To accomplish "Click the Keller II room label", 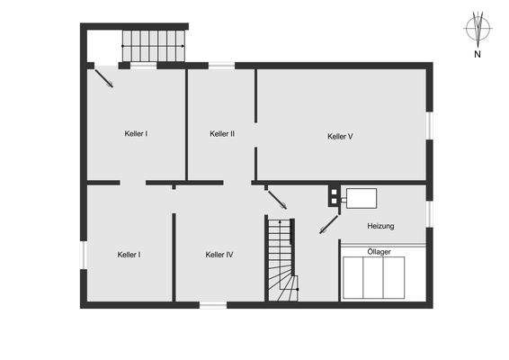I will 222,133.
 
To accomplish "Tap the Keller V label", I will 340,137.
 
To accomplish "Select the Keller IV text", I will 219,255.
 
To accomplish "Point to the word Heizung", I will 380,226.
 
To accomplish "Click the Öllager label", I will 379,252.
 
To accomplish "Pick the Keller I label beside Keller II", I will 136,133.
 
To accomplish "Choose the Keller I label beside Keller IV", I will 129,255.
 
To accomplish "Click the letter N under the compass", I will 477,54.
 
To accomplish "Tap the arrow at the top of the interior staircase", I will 278,201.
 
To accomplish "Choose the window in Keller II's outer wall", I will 221,65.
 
